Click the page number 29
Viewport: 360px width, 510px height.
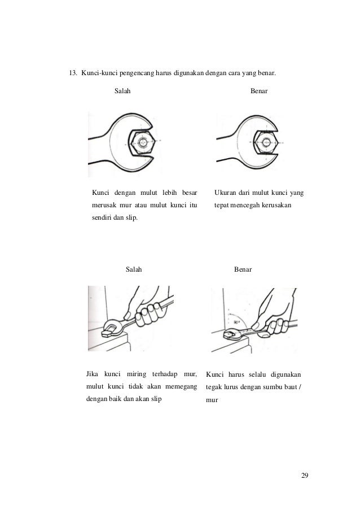pos(305,474)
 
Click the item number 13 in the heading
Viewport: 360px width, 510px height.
pos(72,73)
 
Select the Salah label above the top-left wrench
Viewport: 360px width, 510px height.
pos(122,91)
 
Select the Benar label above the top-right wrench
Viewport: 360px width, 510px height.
pos(260,91)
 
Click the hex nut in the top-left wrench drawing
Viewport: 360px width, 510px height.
pos(142,142)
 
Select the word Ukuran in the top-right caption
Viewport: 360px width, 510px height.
pos(226,194)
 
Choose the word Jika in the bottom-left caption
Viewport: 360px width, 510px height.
pos(91,374)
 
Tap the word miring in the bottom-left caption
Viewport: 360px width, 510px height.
pos(135,374)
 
